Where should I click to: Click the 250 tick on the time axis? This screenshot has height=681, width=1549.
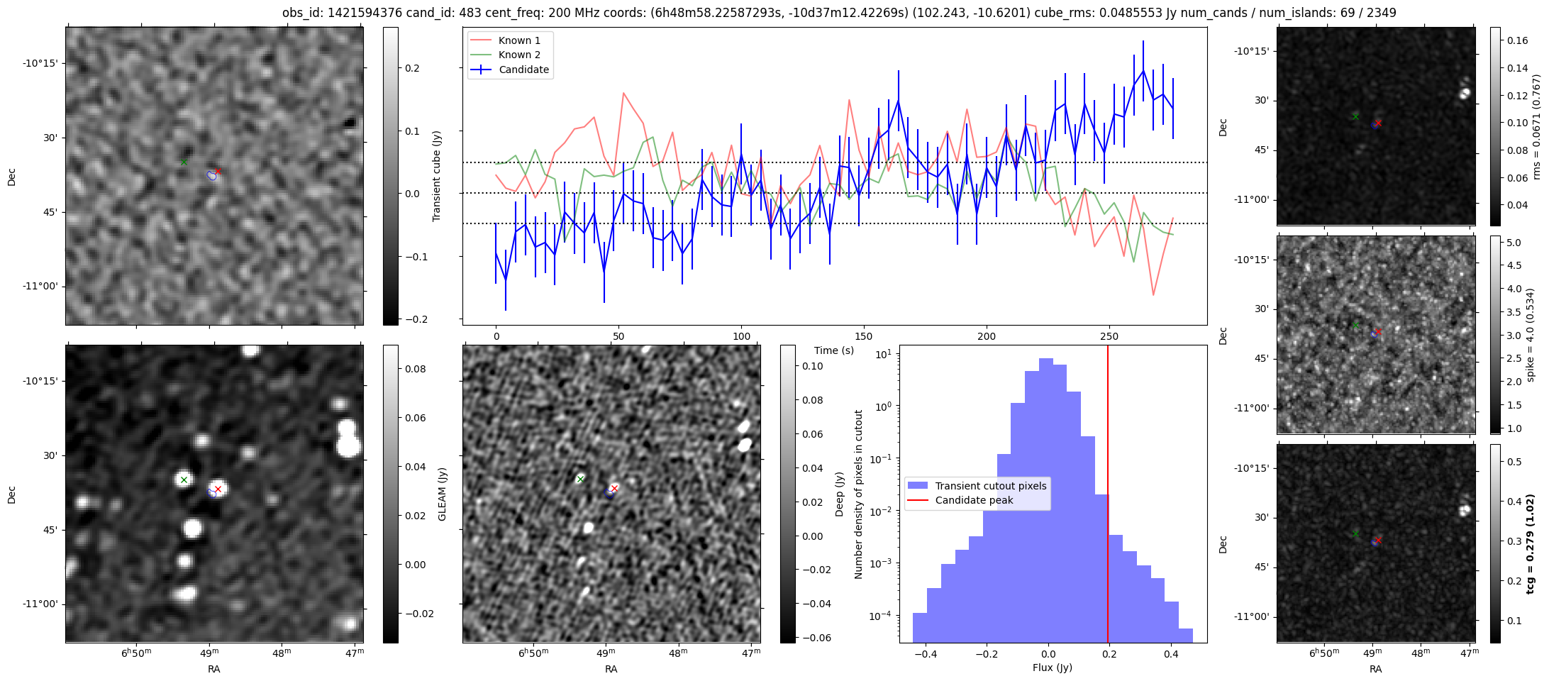pyautogui.click(x=1109, y=336)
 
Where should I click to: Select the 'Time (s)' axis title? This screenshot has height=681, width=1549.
pyautogui.click(x=834, y=350)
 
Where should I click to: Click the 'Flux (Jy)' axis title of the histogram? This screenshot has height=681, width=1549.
pyautogui.click(x=1053, y=668)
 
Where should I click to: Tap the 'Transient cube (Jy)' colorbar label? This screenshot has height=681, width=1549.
pyautogui.click(x=437, y=176)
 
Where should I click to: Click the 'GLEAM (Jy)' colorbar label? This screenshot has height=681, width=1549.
pyautogui.click(x=442, y=494)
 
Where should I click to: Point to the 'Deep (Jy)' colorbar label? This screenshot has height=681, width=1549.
pyautogui.click(x=839, y=494)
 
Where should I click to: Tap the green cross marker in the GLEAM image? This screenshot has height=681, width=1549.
pyautogui.click(x=184, y=480)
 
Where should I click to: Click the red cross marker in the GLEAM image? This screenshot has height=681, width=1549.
pyautogui.click(x=218, y=489)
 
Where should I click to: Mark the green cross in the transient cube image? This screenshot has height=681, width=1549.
pyautogui.click(x=184, y=162)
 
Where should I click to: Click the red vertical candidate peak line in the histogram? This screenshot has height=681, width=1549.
pyautogui.click(x=1108, y=497)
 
